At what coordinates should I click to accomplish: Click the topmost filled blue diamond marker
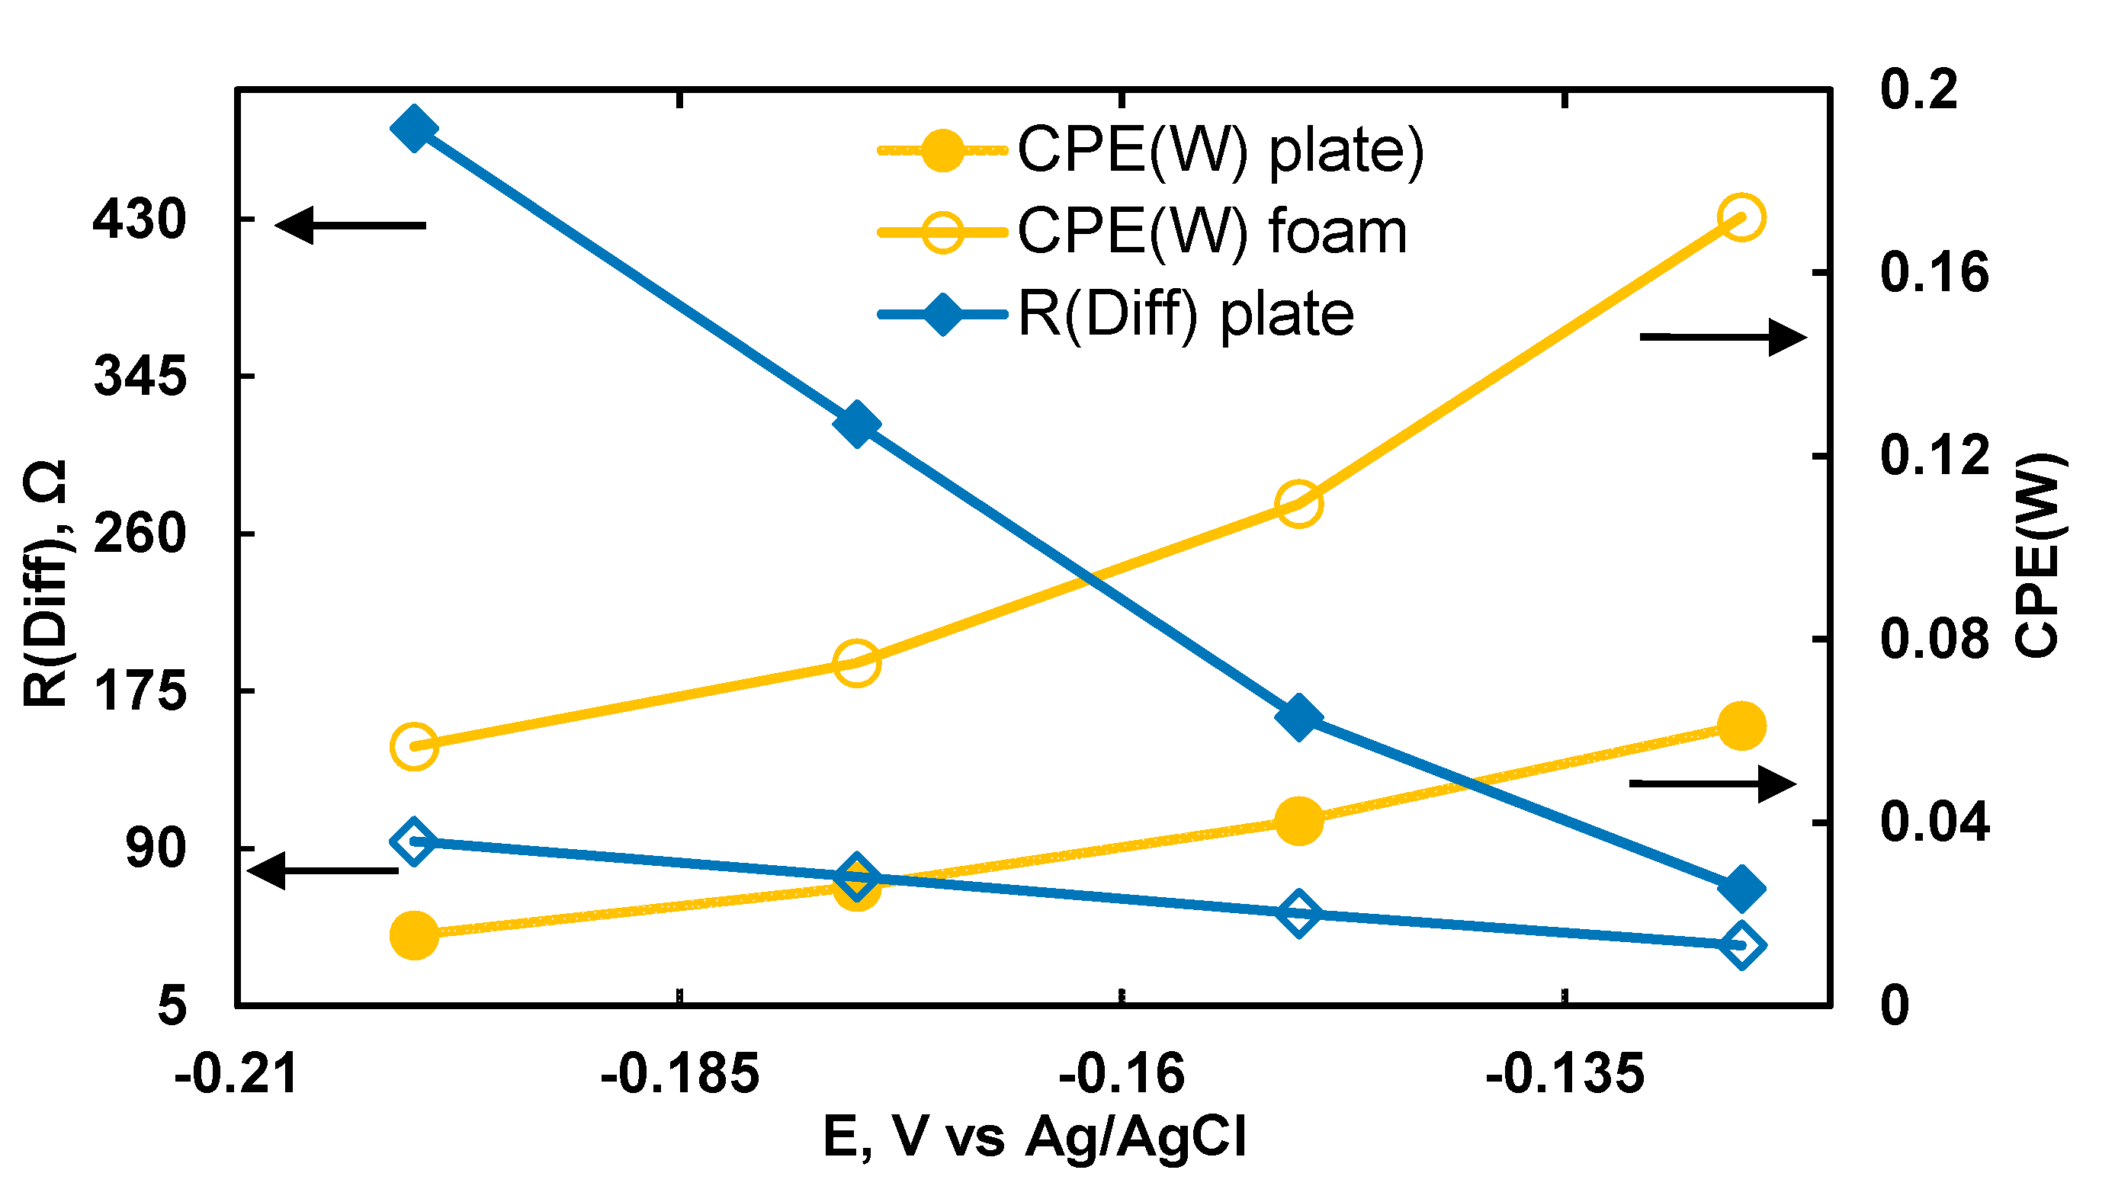(x=413, y=129)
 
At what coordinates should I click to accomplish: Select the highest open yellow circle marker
(x=1742, y=218)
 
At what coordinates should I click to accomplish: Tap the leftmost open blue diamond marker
(x=413, y=843)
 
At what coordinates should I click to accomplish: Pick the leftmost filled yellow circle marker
(x=413, y=936)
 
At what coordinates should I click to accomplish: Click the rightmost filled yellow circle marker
(x=1742, y=726)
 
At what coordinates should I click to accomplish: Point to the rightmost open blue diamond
(x=1742, y=946)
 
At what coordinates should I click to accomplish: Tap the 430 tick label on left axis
(x=140, y=220)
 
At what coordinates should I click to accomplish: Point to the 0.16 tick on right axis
(x=1934, y=272)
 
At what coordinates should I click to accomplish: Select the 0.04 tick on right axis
(x=1934, y=822)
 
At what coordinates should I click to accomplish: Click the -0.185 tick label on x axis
(x=679, y=1075)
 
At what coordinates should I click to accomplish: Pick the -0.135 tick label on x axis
(x=1565, y=1075)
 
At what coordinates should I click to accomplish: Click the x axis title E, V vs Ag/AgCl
(x=1035, y=1138)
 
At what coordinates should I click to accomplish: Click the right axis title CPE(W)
(x=2039, y=555)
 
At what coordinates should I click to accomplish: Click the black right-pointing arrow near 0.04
(x=1714, y=784)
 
